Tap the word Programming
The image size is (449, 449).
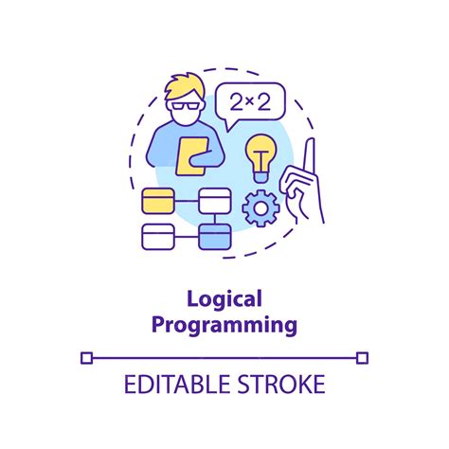click(x=224, y=325)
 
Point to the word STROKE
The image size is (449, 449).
click(x=282, y=385)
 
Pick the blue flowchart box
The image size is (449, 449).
click(x=214, y=238)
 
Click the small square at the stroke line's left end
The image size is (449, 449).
click(x=86, y=357)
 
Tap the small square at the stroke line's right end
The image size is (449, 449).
click(x=362, y=357)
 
